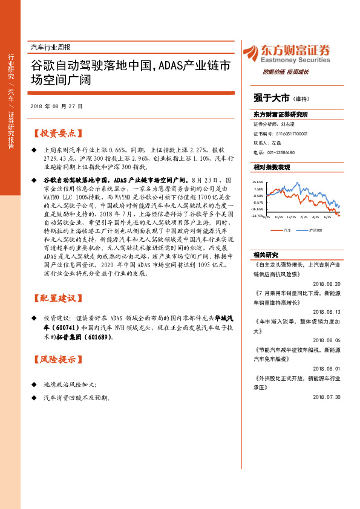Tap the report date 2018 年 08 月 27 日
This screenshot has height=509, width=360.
point(56,106)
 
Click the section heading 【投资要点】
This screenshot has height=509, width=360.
point(58,133)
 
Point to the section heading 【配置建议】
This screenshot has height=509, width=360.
point(58,298)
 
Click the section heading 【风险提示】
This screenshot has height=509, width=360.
point(58,360)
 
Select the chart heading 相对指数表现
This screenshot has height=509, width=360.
point(272,167)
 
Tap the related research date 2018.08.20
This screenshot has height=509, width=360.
point(327,283)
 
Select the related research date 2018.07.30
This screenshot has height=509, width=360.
point(327,397)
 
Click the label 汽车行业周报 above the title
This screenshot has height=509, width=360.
point(50,47)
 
